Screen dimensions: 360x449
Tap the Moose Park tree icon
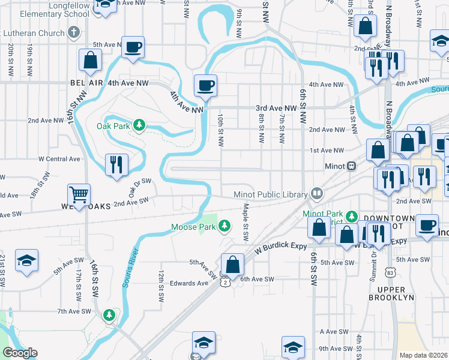point(224,226)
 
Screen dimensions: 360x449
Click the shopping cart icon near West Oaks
point(79,194)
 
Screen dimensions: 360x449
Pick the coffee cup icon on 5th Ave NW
point(133,46)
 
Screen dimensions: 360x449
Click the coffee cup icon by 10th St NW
point(205,85)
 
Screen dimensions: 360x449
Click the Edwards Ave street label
point(188,283)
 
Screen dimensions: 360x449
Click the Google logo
point(20,353)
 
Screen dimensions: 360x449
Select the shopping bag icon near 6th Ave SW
point(232,264)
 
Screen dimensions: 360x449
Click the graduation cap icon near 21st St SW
point(25,260)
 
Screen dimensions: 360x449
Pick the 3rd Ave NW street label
point(276,108)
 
